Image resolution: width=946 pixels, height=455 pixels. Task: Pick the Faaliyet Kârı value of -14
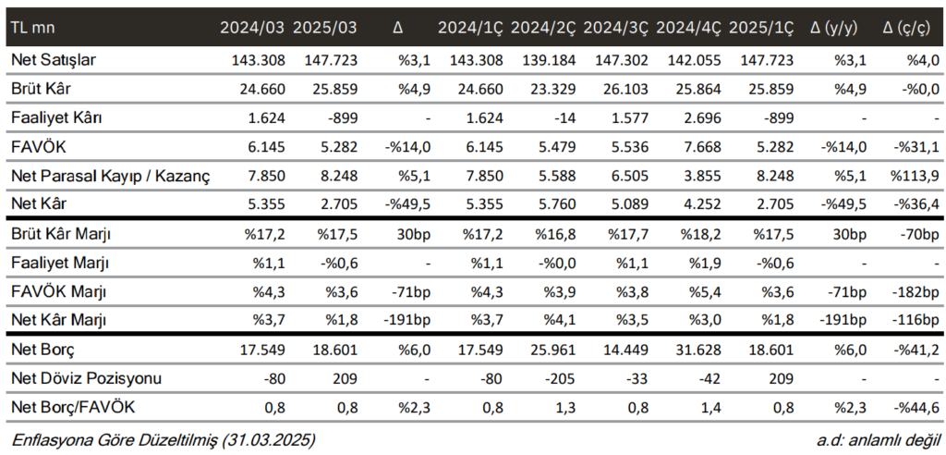pyautogui.click(x=565, y=117)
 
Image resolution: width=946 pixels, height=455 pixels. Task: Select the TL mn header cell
pyautogui.click(x=32, y=27)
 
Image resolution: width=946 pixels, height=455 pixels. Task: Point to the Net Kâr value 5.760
pyautogui.click(x=555, y=203)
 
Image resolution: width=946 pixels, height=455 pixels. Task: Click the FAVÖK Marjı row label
pyautogui.click(x=59, y=292)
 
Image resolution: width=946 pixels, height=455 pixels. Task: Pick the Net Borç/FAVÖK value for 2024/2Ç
pyautogui.click(x=565, y=408)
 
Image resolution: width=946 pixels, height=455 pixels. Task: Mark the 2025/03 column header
pyautogui.click(x=324, y=27)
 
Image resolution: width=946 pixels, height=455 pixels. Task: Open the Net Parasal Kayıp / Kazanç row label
pyautogui.click(x=109, y=175)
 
